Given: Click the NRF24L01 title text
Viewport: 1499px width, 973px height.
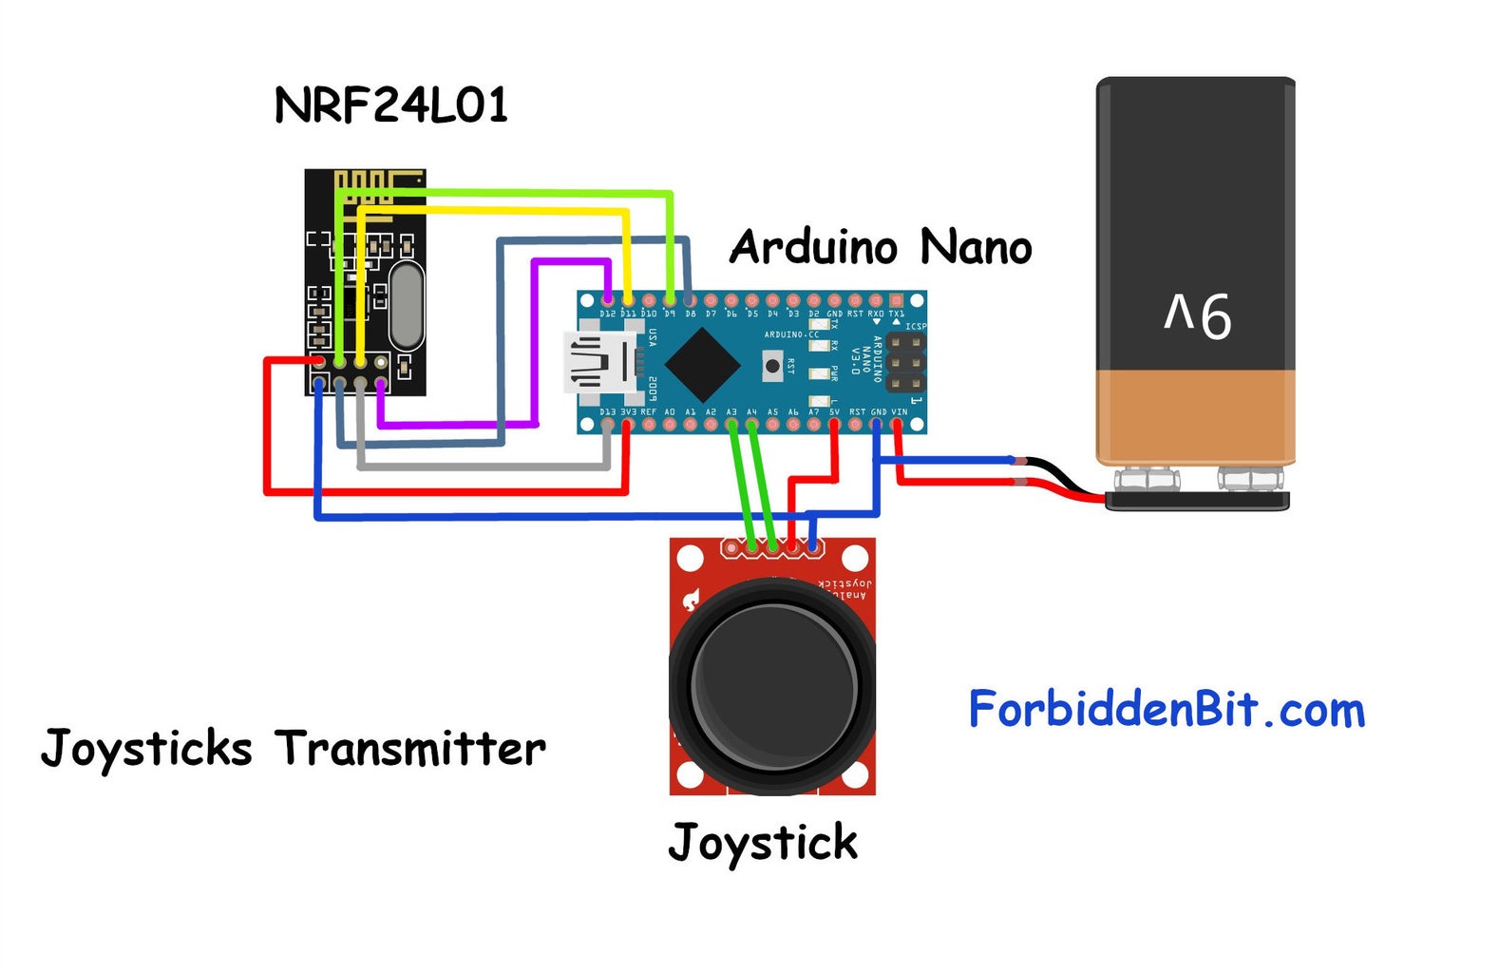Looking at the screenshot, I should [390, 105].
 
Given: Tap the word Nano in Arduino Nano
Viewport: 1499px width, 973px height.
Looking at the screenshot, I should [976, 247].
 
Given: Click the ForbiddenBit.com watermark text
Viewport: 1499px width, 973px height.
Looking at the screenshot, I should [1167, 710].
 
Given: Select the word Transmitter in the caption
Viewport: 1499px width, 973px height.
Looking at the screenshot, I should [411, 749].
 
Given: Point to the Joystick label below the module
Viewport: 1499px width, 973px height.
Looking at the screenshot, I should [763, 843].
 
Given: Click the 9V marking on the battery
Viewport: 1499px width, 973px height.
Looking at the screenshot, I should [1198, 316].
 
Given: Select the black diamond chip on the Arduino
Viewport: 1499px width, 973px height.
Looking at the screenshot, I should [702, 365].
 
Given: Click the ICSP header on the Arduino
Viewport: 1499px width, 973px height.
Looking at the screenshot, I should [905, 361].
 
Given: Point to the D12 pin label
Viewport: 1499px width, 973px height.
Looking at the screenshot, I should [607, 313].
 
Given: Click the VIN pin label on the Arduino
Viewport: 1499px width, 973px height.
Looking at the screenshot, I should [899, 412].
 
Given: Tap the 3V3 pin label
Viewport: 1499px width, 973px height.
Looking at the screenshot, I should [628, 412].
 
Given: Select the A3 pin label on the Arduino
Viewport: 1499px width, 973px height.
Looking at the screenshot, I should [731, 412].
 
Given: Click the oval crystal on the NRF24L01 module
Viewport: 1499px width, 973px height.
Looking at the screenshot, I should [406, 306].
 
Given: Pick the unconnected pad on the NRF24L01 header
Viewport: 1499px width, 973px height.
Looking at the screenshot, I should [381, 362].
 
